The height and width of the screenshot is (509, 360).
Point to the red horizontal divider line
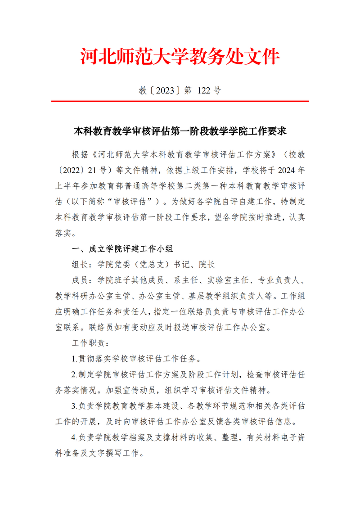tap(180, 102)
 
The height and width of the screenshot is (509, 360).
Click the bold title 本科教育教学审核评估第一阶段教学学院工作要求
tap(180, 131)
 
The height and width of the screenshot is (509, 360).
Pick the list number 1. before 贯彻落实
tap(75, 359)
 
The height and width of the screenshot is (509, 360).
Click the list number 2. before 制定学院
tap(75, 374)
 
